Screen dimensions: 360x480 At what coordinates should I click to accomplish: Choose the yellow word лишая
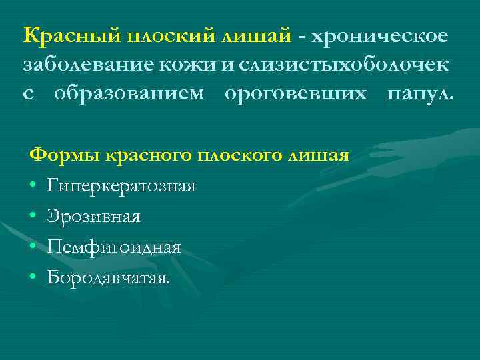[317, 156]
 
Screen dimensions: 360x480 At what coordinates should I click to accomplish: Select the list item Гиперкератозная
[121, 186]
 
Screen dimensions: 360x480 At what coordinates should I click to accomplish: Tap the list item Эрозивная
[93, 216]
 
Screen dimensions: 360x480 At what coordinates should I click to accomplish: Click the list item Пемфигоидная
[114, 247]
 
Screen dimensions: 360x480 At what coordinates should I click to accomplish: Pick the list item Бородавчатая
[109, 277]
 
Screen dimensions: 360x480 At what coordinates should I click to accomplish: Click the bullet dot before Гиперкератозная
[33, 186]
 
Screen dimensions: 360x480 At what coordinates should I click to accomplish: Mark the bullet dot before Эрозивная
[33, 217]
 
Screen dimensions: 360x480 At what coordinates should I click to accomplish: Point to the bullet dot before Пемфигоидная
[33, 247]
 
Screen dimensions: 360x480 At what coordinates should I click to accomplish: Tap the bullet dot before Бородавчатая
[33, 277]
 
